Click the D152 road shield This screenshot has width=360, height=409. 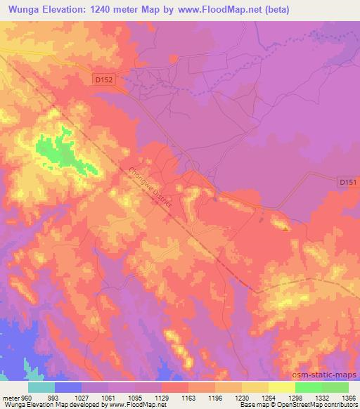[x=103, y=81]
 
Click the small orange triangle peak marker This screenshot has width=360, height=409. [x=285, y=228]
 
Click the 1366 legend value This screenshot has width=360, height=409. [x=348, y=397]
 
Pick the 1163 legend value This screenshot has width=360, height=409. [x=188, y=397]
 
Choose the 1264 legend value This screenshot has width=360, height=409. [x=268, y=397]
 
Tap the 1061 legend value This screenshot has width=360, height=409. [x=109, y=397]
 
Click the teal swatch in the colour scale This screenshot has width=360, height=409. [x=41, y=387]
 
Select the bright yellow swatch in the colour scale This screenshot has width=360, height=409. [x=281, y=387]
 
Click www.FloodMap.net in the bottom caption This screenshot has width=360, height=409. [x=138, y=405]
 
